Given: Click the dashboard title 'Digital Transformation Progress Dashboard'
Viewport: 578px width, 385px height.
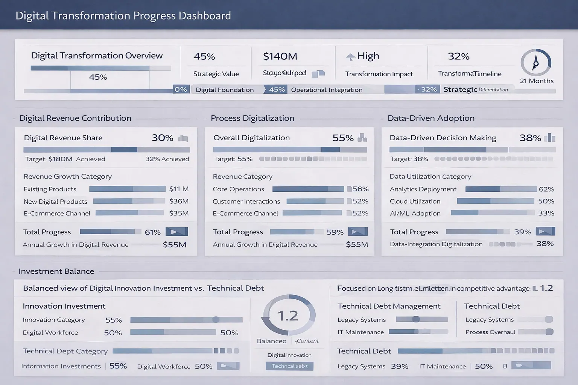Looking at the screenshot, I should click(x=123, y=16).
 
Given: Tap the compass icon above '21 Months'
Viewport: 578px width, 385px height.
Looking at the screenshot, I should click(x=535, y=62).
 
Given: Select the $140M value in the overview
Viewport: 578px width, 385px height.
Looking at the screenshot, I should click(x=280, y=56).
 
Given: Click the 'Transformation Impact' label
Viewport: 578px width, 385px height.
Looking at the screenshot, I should click(x=379, y=74).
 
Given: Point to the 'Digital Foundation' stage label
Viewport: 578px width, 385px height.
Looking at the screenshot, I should click(x=225, y=90).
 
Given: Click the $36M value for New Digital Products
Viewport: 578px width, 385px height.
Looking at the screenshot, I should click(x=179, y=202).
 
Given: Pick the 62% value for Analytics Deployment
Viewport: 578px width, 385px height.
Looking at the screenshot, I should click(x=546, y=189).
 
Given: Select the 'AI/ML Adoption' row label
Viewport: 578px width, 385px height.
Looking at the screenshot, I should click(x=415, y=214).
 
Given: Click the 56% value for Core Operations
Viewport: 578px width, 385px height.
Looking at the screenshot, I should click(x=360, y=189).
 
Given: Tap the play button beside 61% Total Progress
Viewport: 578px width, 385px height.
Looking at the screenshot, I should click(x=176, y=232).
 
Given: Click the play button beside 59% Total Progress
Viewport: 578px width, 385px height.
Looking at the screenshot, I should click(x=357, y=232).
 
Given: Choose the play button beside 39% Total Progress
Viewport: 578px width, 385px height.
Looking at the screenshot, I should click(x=545, y=231).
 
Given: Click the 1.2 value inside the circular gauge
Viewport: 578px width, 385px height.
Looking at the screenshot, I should click(x=288, y=316).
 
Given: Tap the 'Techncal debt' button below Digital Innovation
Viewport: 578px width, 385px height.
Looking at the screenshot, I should click(x=289, y=366).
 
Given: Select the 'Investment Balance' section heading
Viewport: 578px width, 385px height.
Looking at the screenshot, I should click(x=56, y=271).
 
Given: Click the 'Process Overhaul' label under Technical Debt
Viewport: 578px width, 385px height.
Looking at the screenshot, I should click(x=490, y=332).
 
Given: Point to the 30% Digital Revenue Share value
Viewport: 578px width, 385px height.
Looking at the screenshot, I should click(x=162, y=138).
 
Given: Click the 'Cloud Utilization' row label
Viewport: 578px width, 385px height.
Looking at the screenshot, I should click(x=415, y=202).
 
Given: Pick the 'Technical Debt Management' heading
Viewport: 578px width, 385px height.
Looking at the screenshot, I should click(x=389, y=306).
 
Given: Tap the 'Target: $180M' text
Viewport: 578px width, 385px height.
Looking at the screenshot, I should click(x=49, y=159).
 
